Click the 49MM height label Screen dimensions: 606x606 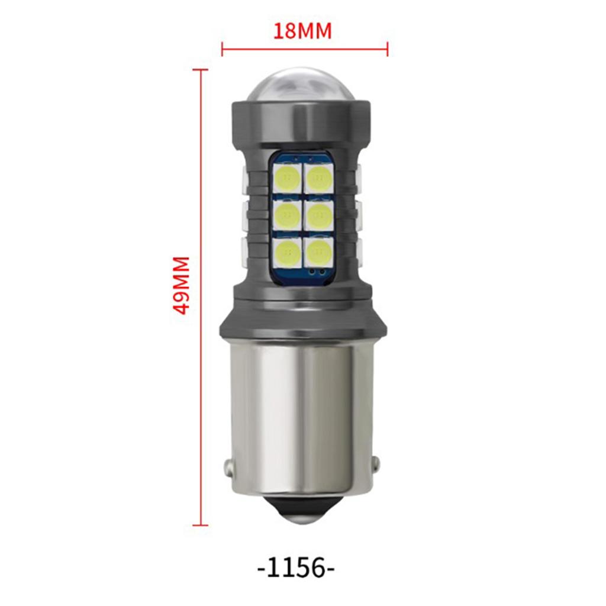181,285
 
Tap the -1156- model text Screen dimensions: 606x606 296,568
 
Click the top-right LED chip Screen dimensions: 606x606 318,178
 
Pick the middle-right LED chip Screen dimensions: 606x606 318,214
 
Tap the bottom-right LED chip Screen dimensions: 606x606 318,251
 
